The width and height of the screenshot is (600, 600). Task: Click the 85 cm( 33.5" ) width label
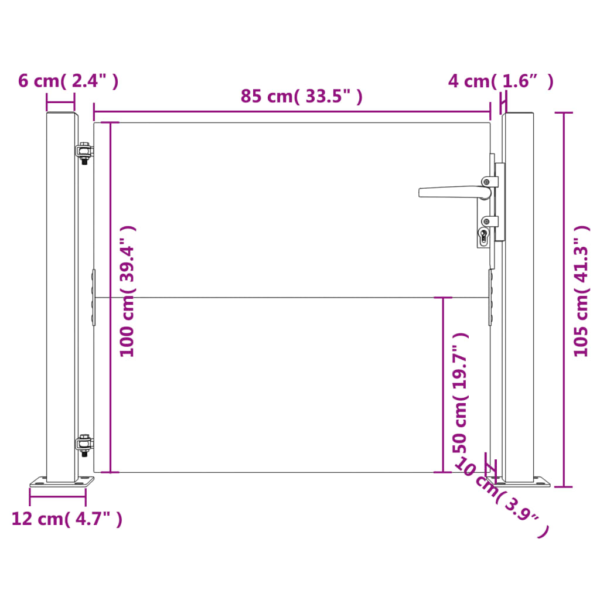[x=302, y=96]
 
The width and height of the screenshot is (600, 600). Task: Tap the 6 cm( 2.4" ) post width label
[x=68, y=81]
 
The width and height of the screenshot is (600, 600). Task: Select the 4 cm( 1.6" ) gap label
[x=501, y=81]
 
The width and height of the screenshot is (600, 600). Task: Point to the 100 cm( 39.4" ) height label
[x=127, y=291]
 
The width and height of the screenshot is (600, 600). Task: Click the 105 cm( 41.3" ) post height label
[x=581, y=291]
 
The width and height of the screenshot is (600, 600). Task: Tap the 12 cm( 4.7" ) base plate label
[x=67, y=519]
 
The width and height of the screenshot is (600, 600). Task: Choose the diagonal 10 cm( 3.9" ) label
[x=502, y=497]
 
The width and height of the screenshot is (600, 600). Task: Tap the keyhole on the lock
[x=483, y=237]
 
